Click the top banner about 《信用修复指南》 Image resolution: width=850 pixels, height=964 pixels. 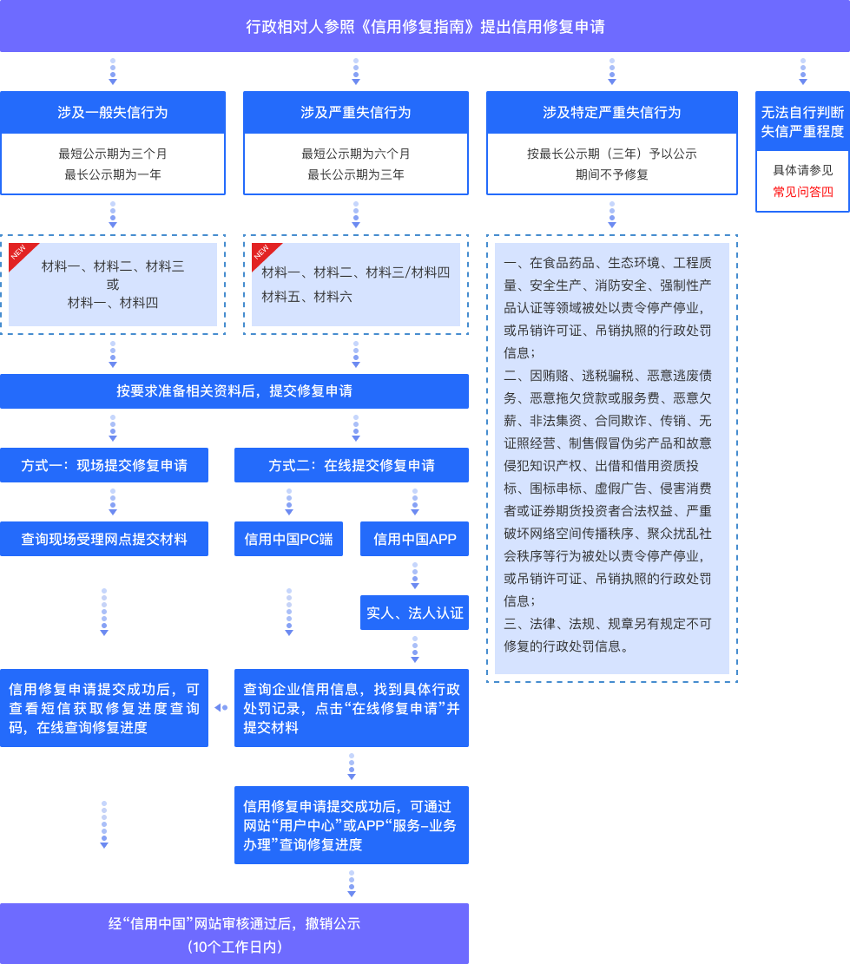pos(425,26)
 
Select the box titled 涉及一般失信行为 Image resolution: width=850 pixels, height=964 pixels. pos(113,113)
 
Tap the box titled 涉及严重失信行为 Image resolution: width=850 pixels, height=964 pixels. pos(356,113)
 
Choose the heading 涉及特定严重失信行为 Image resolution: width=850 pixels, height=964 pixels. pos(612,113)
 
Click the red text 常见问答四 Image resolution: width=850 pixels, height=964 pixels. pos(803,192)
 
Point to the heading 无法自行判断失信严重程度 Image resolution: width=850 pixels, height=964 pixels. pos(802,121)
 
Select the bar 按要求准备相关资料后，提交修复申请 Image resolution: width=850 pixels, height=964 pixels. pos(234,391)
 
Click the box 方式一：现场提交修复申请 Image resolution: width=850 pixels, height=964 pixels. pos(104,466)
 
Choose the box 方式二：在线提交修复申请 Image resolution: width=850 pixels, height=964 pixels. pos(352,466)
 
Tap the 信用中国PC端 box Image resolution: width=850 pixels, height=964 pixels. pos(288,539)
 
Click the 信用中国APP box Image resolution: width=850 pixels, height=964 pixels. pos(415,539)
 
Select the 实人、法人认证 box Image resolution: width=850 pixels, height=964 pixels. pos(415,613)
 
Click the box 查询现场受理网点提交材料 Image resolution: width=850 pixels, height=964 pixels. pos(104,539)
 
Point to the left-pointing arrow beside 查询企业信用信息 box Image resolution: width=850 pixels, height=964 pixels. pos(221,708)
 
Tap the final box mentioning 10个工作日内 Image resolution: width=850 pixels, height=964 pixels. pos(234,934)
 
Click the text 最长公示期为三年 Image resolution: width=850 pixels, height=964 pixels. pos(356,174)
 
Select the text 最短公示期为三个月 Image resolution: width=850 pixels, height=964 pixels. pos(113,154)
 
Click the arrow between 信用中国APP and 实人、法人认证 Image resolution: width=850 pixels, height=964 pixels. pos(415,576)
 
